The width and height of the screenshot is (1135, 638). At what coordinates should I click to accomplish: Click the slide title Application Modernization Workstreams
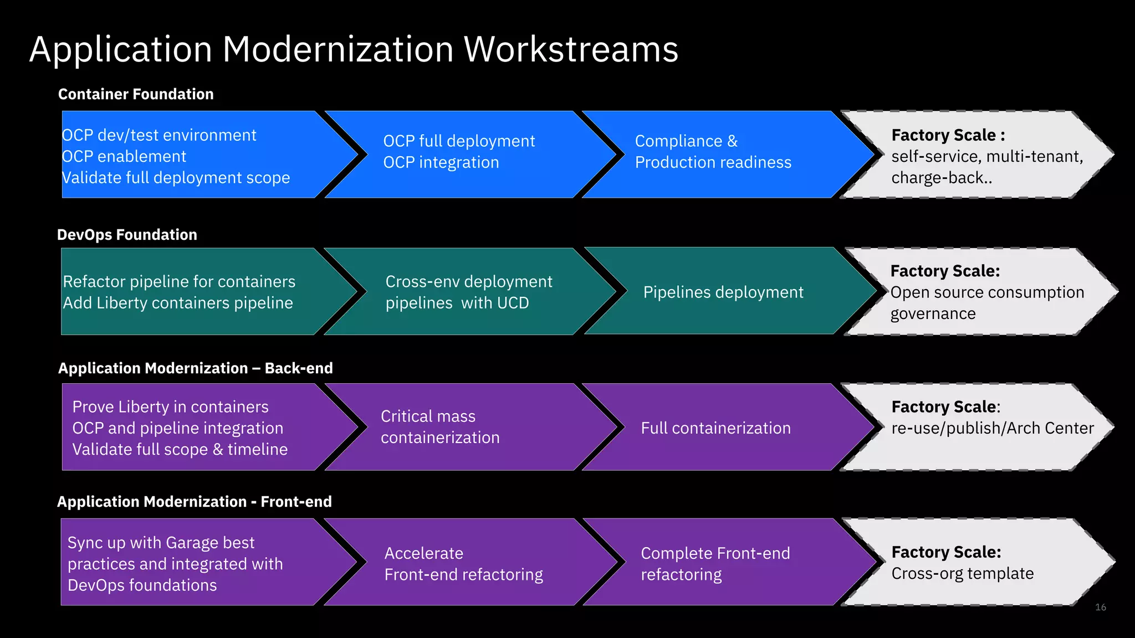tap(354, 49)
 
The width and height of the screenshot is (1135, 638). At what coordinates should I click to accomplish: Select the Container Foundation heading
tap(136, 94)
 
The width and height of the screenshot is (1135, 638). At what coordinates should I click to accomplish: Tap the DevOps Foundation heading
tap(127, 235)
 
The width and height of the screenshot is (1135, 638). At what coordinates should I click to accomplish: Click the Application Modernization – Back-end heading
tap(195, 368)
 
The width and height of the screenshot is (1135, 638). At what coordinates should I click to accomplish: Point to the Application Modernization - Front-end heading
tap(194, 502)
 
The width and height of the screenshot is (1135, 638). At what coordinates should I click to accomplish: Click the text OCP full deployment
tap(459, 141)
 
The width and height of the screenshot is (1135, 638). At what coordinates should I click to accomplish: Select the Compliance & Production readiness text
tap(713, 152)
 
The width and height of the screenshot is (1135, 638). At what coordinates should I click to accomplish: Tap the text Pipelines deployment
tap(723, 292)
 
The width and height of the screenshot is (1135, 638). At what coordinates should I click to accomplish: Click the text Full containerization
tap(715, 428)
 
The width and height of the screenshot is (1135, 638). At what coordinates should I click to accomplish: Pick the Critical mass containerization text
tap(440, 427)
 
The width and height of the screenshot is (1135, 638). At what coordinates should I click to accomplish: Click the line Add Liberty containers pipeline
tap(178, 303)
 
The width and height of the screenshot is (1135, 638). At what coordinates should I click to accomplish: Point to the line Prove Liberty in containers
tap(170, 407)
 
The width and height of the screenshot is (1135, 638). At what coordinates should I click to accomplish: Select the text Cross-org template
tap(962, 574)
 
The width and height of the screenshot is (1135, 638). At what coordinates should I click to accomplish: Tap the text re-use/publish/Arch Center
tap(992, 428)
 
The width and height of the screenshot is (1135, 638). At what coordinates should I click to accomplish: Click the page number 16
tap(1100, 608)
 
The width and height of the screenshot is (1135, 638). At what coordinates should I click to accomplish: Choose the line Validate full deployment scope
tap(176, 178)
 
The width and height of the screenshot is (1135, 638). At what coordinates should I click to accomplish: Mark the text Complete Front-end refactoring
tap(715, 564)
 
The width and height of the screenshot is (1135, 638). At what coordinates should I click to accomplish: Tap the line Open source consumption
tap(986, 292)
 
